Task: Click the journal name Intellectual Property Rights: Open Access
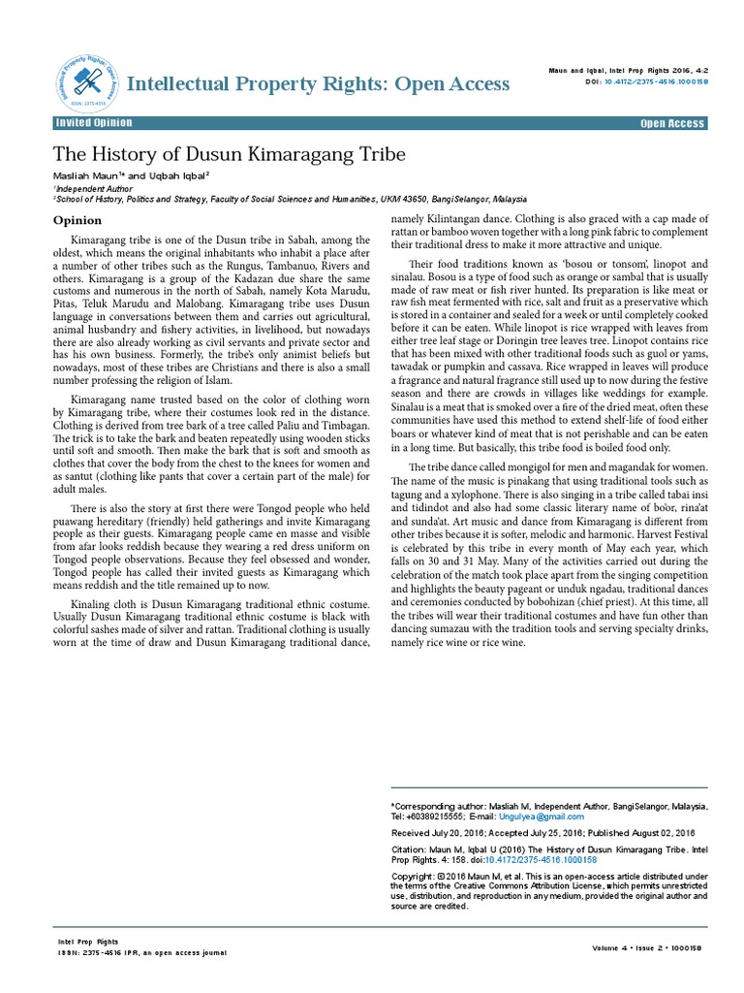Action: (x=319, y=84)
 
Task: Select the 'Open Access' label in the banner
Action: (x=672, y=124)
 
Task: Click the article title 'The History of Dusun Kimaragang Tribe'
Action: (x=229, y=154)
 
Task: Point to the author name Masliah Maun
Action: (x=85, y=176)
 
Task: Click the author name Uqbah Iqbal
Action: (x=180, y=176)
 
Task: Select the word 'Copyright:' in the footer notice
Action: (x=414, y=876)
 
